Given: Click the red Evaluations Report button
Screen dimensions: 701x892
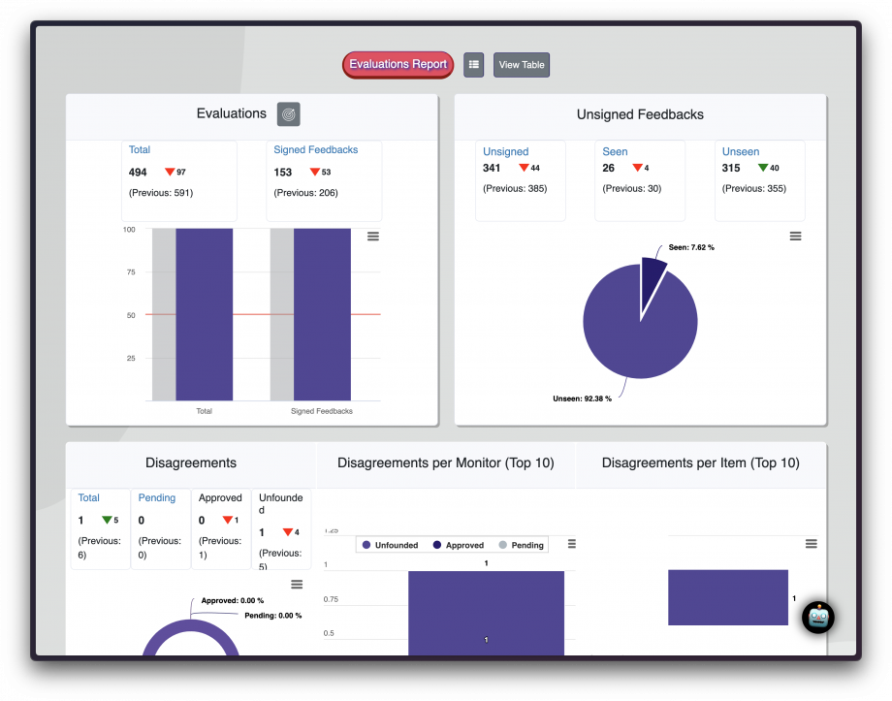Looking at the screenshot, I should (x=398, y=65).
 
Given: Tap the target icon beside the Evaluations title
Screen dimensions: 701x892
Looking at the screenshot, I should (x=288, y=114).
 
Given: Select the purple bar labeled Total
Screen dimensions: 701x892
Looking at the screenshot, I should (x=204, y=314).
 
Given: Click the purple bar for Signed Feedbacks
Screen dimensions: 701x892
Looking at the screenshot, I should (x=322, y=314).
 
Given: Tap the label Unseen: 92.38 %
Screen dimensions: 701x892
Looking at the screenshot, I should (x=582, y=398).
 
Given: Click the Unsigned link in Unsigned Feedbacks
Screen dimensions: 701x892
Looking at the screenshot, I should (x=505, y=152).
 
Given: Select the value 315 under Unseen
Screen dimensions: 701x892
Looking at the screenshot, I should (x=731, y=169).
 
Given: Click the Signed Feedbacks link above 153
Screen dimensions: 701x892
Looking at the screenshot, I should (x=315, y=150).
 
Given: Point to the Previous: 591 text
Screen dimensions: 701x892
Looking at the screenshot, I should (x=161, y=193).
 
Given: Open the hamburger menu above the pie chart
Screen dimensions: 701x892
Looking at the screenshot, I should (x=795, y=237).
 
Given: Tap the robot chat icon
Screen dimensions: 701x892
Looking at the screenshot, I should (x=818, y=618).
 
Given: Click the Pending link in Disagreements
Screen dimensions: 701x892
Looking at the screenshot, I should (x=157, y=498).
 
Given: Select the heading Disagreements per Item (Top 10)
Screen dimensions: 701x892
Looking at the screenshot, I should (x=700, y=463).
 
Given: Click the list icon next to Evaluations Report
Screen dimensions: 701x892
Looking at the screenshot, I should (x=473, y=65).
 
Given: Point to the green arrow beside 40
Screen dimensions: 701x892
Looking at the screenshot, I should (x=762, y=169).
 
